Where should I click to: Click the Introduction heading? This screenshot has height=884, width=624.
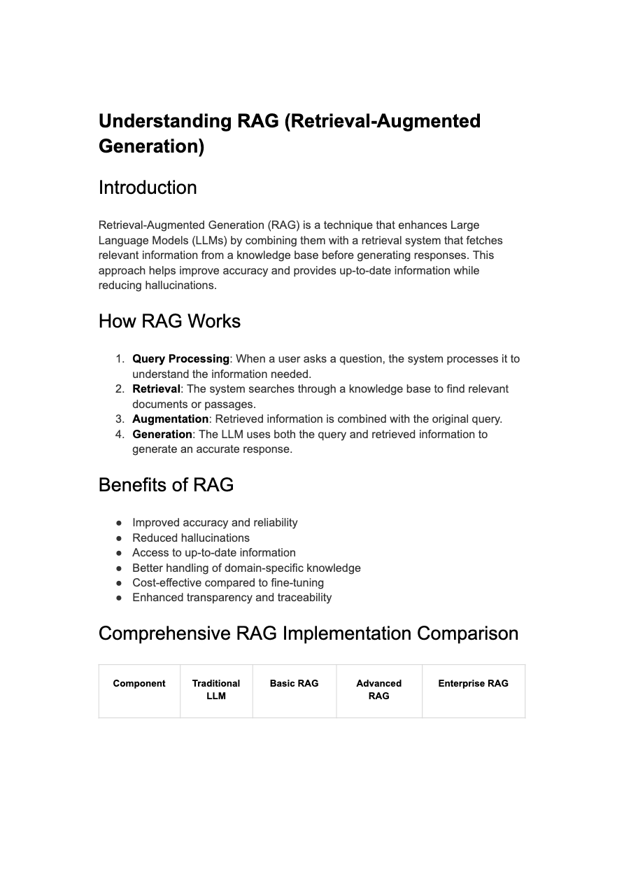pyautogui.click(x=148, y=188)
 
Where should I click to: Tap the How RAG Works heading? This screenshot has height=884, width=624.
pyautogui.click(x=169, y=321)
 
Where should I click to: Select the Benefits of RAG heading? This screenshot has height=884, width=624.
pyautogui.click(x=166, y=485)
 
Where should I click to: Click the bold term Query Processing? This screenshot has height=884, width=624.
pyautogui.click(x=180, y=359)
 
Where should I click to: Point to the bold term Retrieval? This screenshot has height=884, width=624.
pyautogui.click(x=156, y=389)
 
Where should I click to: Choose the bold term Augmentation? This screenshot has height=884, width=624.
pyautogui.click(x=170, y=419)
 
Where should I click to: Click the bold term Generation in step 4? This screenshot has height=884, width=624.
pyautogui.click(x=162, y=435)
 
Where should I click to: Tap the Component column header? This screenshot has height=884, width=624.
pyautogui.click(x=139, y=684)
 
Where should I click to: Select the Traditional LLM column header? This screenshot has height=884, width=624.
pyautogui.click(x=216, y=689)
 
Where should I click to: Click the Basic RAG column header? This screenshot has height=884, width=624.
pyautogui.click(x=294, y=684)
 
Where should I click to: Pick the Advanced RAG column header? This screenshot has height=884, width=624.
pyautogui.click(x=378, y=689)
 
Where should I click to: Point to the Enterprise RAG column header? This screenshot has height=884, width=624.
pyautogui.click(x=473, y=684)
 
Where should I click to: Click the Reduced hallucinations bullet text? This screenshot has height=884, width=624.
pyautogui.click(x=190, y=538)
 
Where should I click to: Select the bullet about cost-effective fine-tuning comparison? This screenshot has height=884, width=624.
pyautogui.click(x=227, y=583)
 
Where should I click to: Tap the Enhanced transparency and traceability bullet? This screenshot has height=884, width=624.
pyautogui.click(x=232, y=598)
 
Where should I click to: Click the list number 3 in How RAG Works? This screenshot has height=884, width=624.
pyautogui.click(x=119, y=419)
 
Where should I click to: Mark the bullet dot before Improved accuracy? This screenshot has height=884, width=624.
pyautogui.click(x=120, y=523)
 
